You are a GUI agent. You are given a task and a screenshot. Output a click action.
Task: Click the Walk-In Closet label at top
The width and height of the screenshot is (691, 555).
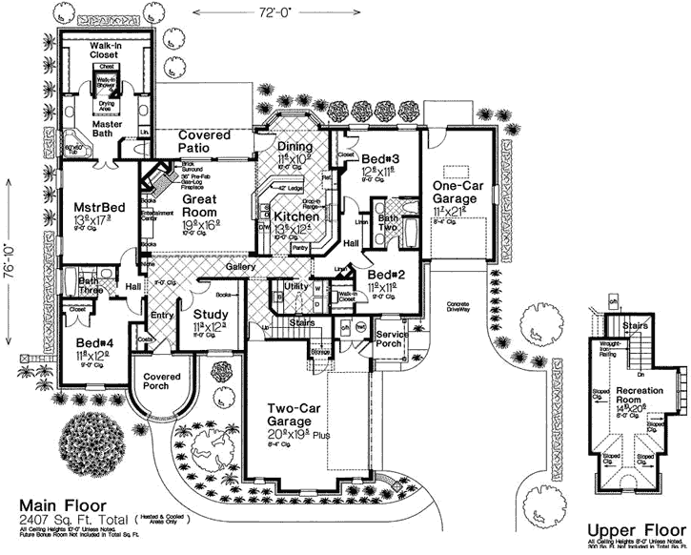pyautogui.click(x=110, y=51)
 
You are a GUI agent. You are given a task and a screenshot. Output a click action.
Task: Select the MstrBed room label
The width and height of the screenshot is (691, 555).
pyautogui.click(x=95, y=206)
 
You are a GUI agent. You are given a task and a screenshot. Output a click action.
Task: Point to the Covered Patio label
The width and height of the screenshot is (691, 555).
pyautogui.click(x=204, y=142)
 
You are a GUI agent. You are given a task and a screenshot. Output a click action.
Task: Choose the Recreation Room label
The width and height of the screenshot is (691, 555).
pyautogui.click(x=640, y=397)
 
